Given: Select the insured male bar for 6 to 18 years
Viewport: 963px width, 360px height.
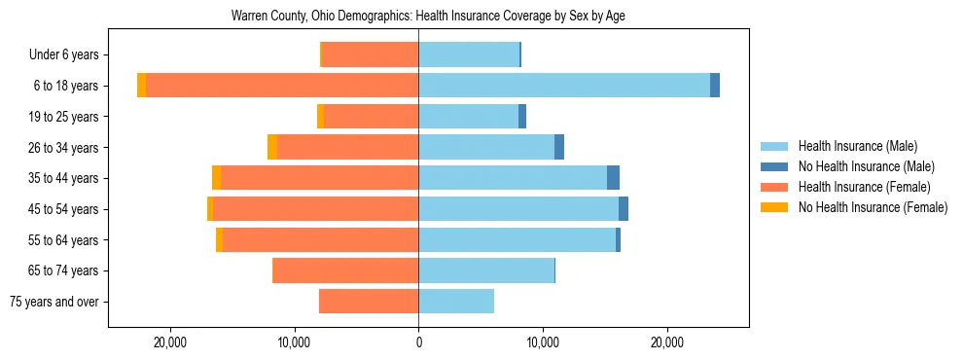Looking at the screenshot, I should point(564,86).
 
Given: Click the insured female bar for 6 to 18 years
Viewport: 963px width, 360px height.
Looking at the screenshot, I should point(282,86).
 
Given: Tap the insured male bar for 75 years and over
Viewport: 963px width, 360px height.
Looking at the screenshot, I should point(456,302).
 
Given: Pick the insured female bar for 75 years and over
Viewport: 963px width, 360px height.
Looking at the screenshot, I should point(369,302).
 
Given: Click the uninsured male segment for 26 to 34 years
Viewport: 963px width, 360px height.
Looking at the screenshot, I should point(559,147).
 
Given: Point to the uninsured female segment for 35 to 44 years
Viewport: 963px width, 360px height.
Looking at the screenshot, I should point(216,178).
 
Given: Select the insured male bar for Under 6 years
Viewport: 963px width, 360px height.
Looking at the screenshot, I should point(469,54).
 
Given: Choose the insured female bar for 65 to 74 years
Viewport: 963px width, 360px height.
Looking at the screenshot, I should point(345,270).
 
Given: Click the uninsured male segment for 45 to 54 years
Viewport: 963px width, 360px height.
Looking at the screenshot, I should point(624,209).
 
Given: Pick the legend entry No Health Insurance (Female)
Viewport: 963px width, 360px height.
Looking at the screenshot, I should point(873,207).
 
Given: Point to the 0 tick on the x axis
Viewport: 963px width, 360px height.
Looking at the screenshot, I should point(418,342).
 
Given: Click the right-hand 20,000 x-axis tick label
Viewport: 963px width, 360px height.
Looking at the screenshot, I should point(666,342).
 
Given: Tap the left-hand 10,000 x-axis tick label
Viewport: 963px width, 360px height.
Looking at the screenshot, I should point(294,342).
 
